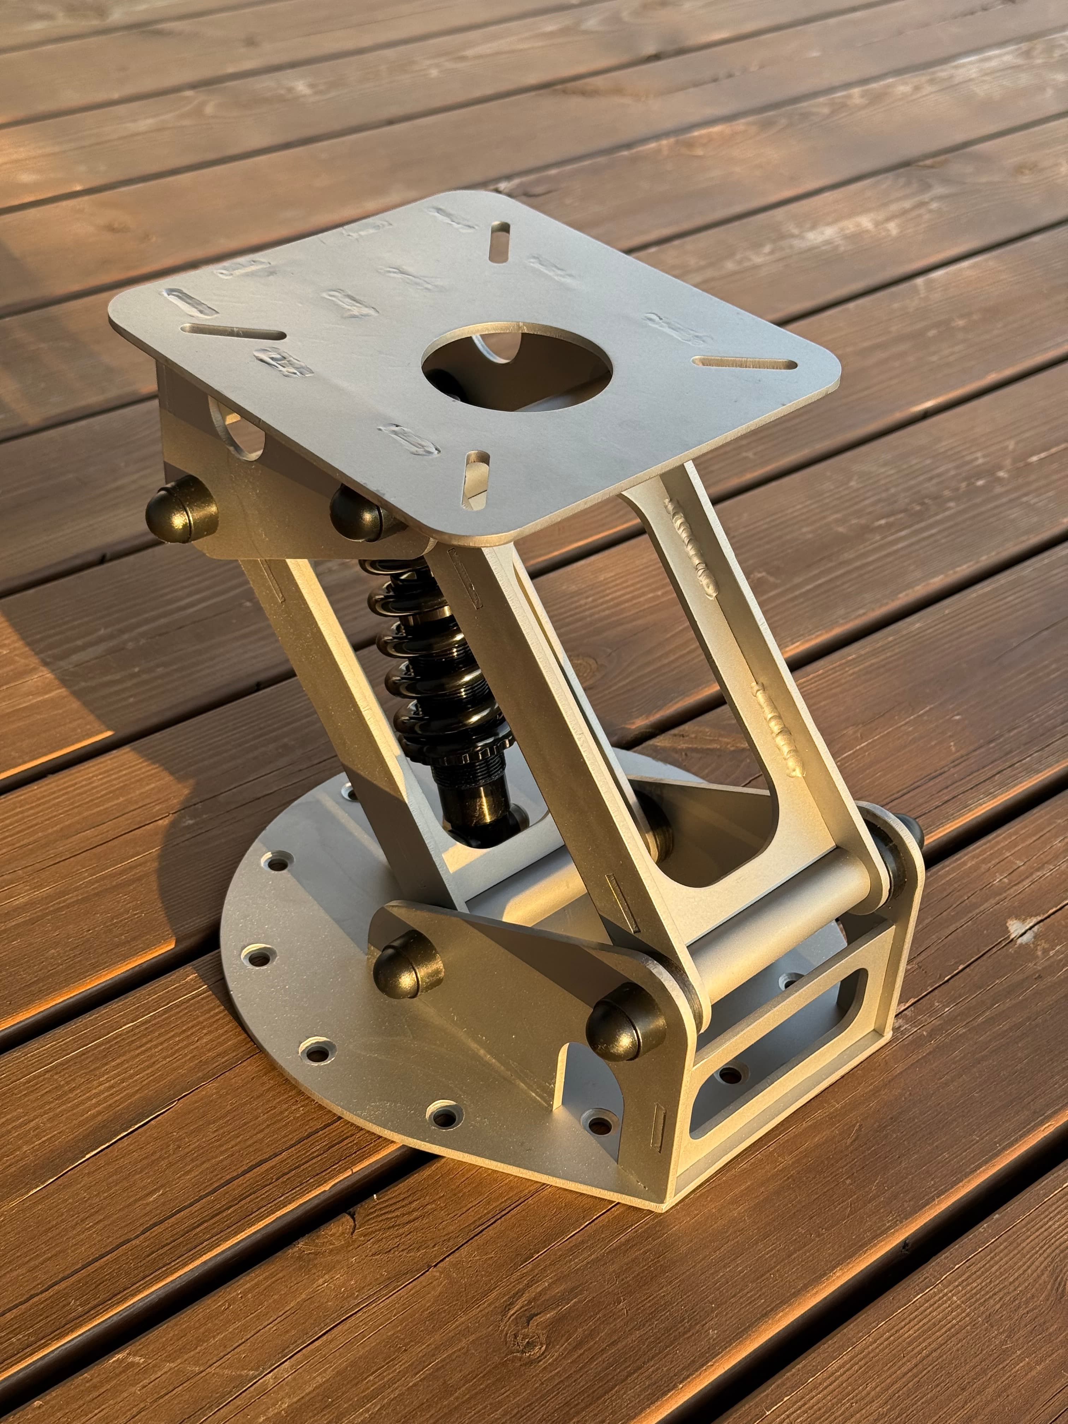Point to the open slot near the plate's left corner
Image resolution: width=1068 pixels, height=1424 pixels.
click(232, 332)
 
